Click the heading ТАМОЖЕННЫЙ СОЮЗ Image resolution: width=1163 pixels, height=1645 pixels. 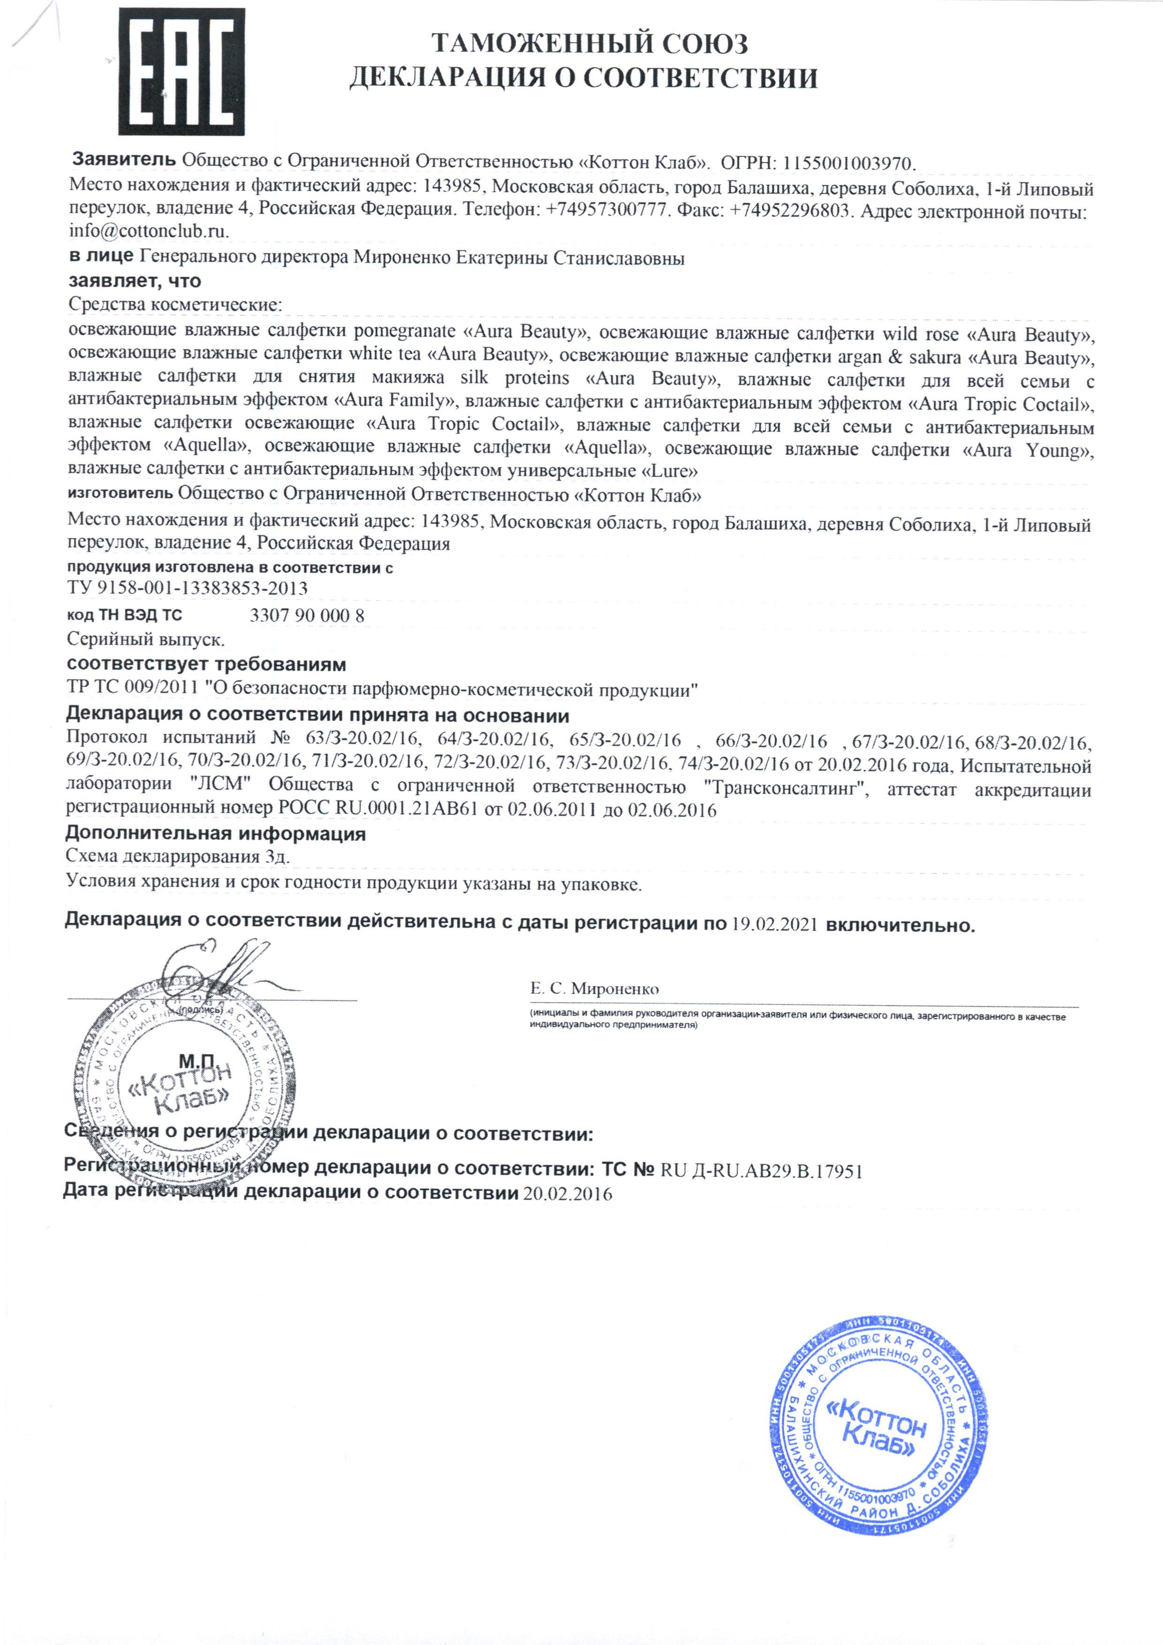590,45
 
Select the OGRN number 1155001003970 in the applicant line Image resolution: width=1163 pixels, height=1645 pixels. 849,163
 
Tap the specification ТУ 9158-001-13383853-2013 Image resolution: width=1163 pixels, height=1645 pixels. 187,589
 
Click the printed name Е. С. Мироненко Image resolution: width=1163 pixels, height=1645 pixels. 594,989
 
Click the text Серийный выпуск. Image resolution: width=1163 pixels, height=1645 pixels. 145,638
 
